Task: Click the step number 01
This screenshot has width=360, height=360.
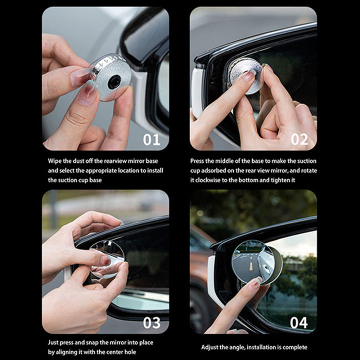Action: pos(151,139)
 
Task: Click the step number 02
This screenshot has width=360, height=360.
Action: pos(299,139)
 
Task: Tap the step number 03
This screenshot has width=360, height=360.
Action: pos(151,322)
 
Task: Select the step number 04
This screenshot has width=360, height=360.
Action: pos(299,322)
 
